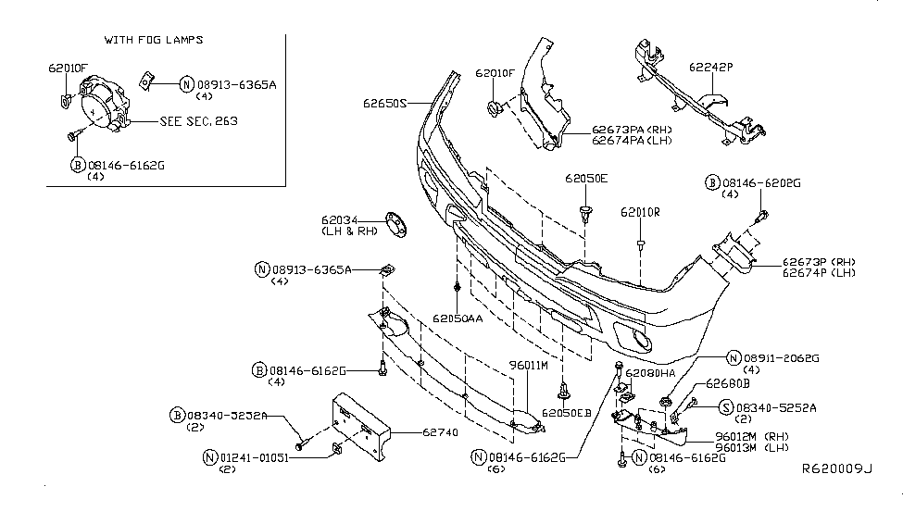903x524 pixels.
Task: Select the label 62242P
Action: point(709,67)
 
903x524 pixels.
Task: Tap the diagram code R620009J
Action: point(836,495)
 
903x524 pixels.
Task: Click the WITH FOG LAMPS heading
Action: point(155,41)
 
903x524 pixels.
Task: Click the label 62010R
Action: point(640,212)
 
